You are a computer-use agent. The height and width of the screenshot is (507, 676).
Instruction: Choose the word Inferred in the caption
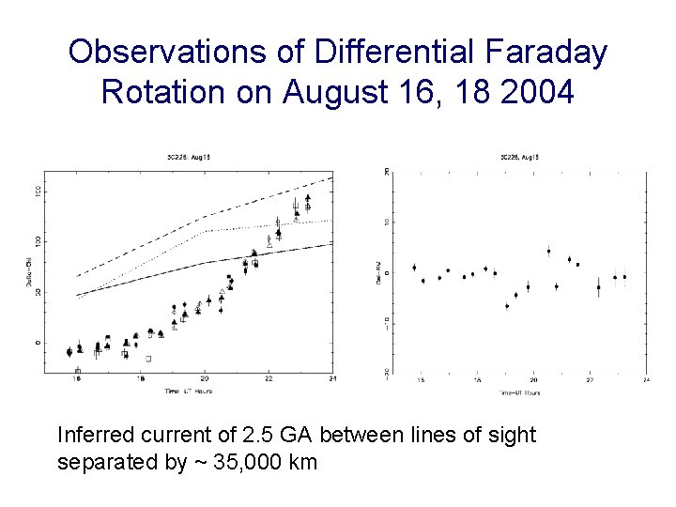point(93,435)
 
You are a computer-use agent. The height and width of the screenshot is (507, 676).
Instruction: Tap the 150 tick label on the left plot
point(38,192)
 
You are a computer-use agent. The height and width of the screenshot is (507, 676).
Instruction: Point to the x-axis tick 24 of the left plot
point(333,379)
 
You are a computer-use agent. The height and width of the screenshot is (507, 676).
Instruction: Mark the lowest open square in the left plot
point(77,371)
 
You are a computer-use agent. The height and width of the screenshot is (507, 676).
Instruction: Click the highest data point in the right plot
point(549,251)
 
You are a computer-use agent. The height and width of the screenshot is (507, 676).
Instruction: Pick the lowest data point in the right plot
point(507,306)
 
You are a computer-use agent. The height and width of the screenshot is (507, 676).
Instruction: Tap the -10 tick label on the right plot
point(386,322)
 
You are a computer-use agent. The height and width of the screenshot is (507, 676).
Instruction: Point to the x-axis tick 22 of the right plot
point(590,380)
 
